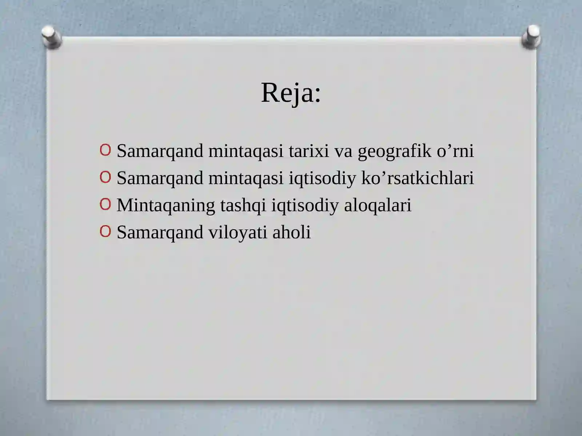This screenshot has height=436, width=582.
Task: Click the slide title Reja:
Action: tap(291, 93)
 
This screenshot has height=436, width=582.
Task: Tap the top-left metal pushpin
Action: tap(51, 37)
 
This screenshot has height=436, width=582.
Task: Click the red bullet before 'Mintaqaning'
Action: tap(105, 205)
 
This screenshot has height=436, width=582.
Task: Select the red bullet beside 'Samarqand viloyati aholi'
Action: tap(105, 231)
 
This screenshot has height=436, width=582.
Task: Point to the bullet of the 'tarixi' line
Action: tap(105, 150)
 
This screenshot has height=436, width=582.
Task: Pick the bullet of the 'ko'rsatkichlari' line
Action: tap(105, 177)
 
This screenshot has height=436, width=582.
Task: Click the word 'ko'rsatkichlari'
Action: tap(417, 178)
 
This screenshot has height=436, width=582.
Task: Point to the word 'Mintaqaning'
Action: tap(166, 206)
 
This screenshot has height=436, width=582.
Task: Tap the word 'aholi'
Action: tap(291, 232)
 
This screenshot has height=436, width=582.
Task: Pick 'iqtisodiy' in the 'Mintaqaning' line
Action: tap(305, 206)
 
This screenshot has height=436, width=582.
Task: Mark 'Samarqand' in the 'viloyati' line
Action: tap(160, 233)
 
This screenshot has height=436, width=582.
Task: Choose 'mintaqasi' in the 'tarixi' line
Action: tap(246, 152)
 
